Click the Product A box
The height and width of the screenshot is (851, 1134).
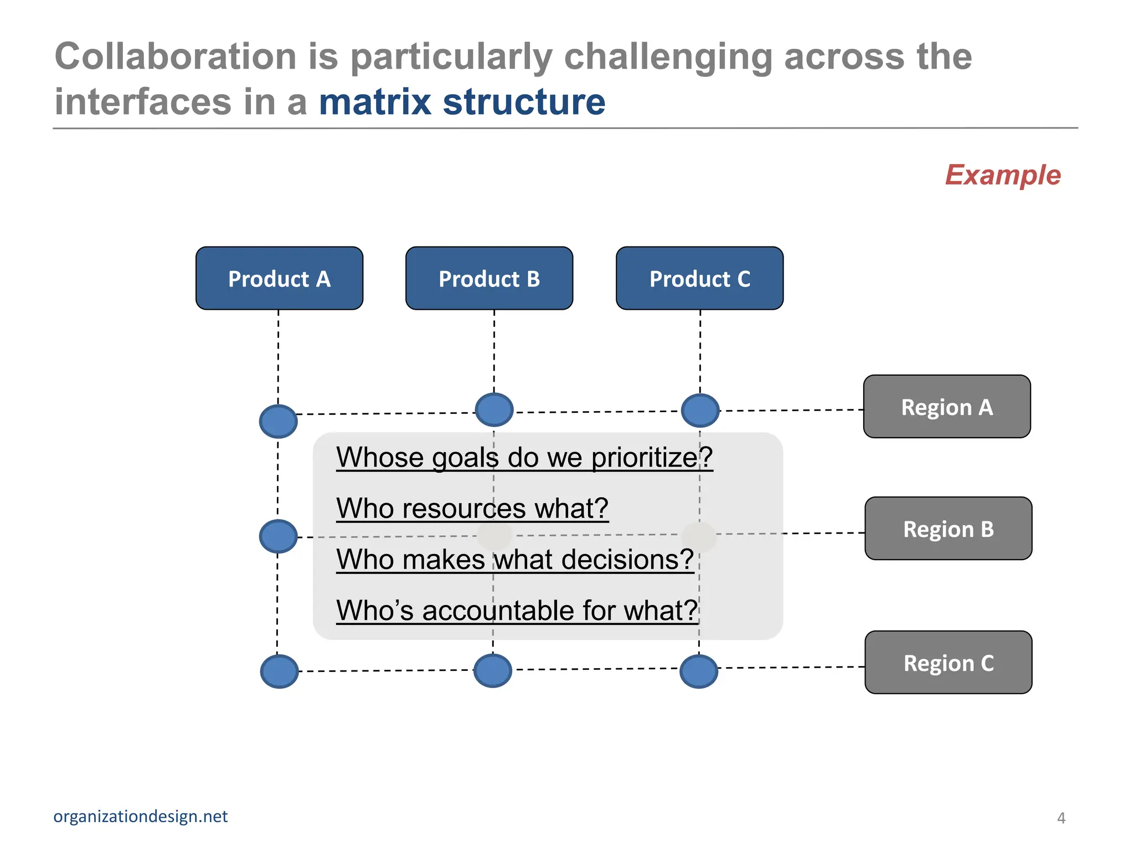point(279,278)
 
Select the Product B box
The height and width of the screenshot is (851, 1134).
point(489,278)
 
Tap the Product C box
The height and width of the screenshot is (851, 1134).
point(699,278)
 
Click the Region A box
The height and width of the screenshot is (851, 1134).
point(947,407)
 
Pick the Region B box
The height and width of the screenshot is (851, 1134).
point(948,529)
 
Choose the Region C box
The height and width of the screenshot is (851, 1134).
point(948,663)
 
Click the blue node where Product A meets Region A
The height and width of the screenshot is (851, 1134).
point(278,422)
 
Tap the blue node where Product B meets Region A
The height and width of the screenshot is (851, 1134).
point(494,410)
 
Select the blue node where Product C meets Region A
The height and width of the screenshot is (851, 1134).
point(700,411)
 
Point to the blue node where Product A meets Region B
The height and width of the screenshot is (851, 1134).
point(278,536)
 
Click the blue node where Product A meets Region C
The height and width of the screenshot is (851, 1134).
point(279,671)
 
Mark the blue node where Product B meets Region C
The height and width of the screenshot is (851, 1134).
point(493,671)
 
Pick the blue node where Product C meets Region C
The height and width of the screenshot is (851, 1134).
point(699,671)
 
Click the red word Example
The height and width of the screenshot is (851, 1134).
point(1002,175)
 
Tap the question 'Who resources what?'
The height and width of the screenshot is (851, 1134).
point(472,508)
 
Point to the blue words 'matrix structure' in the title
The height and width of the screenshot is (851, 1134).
point(462,102)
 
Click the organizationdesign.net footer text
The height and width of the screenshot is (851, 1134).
point(140,816)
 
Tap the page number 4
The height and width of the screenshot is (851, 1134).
point(1061,818)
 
